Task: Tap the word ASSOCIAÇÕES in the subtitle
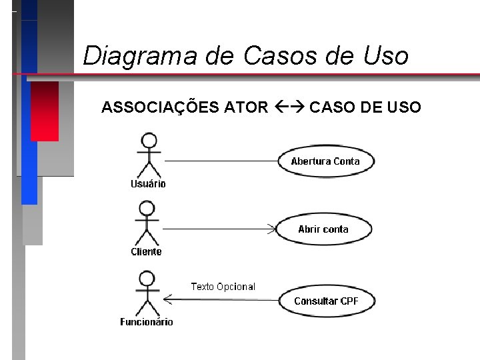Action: click(158, 107)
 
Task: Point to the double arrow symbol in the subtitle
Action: click(289, 107)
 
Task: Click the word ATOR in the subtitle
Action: click(247, 107)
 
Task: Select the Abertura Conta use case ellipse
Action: click(325, 161)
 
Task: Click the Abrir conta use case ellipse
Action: click(323, 229)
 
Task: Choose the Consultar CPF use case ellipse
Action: click(326, 301)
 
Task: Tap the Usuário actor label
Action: click(148, 184)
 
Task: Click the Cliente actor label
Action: click(146, 252)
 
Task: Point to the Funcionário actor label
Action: click(147, 322)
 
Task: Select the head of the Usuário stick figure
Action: click(149, 141)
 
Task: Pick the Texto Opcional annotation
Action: click(223, 287)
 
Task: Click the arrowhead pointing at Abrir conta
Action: click(272, 229)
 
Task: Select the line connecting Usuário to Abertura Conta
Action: click(220, 161)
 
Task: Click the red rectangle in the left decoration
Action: click(45, 111)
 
